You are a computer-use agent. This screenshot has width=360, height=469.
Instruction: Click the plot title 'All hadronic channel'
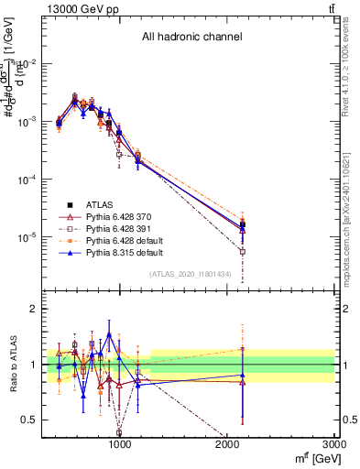(x=191, y=38)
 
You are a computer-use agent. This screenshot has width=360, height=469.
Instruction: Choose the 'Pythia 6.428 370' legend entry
(x=116, y=216)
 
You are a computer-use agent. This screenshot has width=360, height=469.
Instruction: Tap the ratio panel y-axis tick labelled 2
(x=34, y=310)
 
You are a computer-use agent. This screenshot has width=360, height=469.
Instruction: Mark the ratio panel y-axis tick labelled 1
(x=34, y=365)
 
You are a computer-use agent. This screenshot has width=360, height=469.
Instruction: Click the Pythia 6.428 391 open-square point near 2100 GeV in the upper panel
(x=243, y=251)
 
